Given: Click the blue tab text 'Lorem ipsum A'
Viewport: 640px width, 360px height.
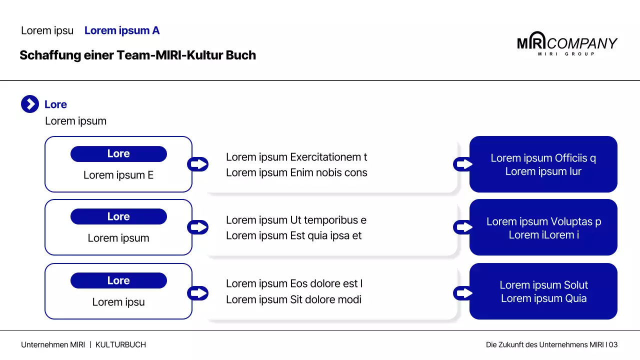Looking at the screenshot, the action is tap(122, 30).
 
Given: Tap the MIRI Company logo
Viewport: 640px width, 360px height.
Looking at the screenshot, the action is tap(567, 43).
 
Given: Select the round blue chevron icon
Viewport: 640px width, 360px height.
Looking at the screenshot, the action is tap(30, 104).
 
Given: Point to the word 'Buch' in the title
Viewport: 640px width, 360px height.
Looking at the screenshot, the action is tap(241, 55).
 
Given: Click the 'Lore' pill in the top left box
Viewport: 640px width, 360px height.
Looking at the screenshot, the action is tap(118, 153).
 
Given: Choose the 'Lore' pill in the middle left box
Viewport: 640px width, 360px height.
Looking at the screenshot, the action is tap(118, 216).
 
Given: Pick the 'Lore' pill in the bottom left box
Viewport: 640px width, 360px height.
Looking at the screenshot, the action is tap(118, 280).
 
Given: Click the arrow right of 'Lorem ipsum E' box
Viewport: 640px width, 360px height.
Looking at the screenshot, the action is tap(197, 164).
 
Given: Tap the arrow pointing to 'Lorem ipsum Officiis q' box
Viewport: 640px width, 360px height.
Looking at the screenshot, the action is tap(463, 164).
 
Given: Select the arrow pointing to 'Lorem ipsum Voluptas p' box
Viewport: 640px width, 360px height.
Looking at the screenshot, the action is tap(463, 227).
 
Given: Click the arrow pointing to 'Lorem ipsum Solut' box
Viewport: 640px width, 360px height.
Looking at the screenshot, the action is tap(463, 293).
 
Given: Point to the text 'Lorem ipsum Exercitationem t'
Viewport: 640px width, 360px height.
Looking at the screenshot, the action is tap(296, 157).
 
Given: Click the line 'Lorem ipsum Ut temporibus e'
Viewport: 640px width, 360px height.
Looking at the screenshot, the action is tap(296, 220).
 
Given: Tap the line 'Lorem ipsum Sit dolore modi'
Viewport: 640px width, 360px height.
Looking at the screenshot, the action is tap(293, 299).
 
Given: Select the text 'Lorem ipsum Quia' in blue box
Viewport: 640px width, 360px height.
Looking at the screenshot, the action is tap(543, 298).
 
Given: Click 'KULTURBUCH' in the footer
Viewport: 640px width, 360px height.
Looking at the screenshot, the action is tap(120, 345).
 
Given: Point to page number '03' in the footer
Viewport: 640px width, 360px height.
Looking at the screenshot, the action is tap(613, 345).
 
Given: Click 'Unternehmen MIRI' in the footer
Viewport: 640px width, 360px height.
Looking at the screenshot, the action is tap(53, 345).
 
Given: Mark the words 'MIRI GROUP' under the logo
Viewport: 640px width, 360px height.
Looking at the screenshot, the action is tap(566, 54).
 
